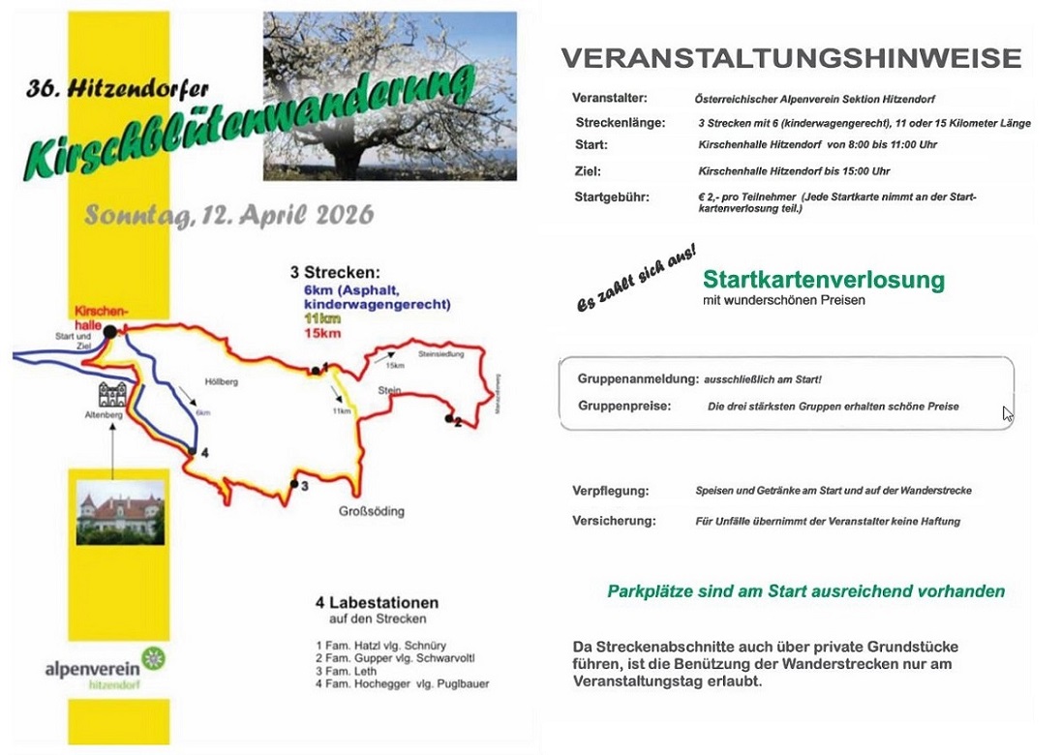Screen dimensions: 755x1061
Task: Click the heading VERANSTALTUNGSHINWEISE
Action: pyautogui.click(x=791, y=59)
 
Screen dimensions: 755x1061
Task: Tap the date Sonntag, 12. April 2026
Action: pyautogui.click(x=228, y=214)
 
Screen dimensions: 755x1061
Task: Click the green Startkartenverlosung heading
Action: pyautogui.click(x=823, y=281)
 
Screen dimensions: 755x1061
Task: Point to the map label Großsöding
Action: pyautogui.click(x=371, y=511)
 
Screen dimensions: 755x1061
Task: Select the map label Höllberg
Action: pyautogui.click(x=221, y=382)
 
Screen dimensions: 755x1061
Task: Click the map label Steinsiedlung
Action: pyautogui.click(x=441, y=355)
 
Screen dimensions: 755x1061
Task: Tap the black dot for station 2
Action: pyautogui.click(x=449, y=418)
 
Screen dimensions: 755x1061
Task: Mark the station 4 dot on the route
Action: pyautogui.click(x=193, y=452)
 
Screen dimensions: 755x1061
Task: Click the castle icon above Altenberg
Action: pyautogui.click(x=112, y=395)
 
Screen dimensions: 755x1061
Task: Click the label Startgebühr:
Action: pyautogui.click(x=611, y=197)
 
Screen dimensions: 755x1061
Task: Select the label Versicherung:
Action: pyautogui.click(x=614, y=521)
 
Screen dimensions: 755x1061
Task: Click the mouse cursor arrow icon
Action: pyautogui.click(x=1008, y=414)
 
